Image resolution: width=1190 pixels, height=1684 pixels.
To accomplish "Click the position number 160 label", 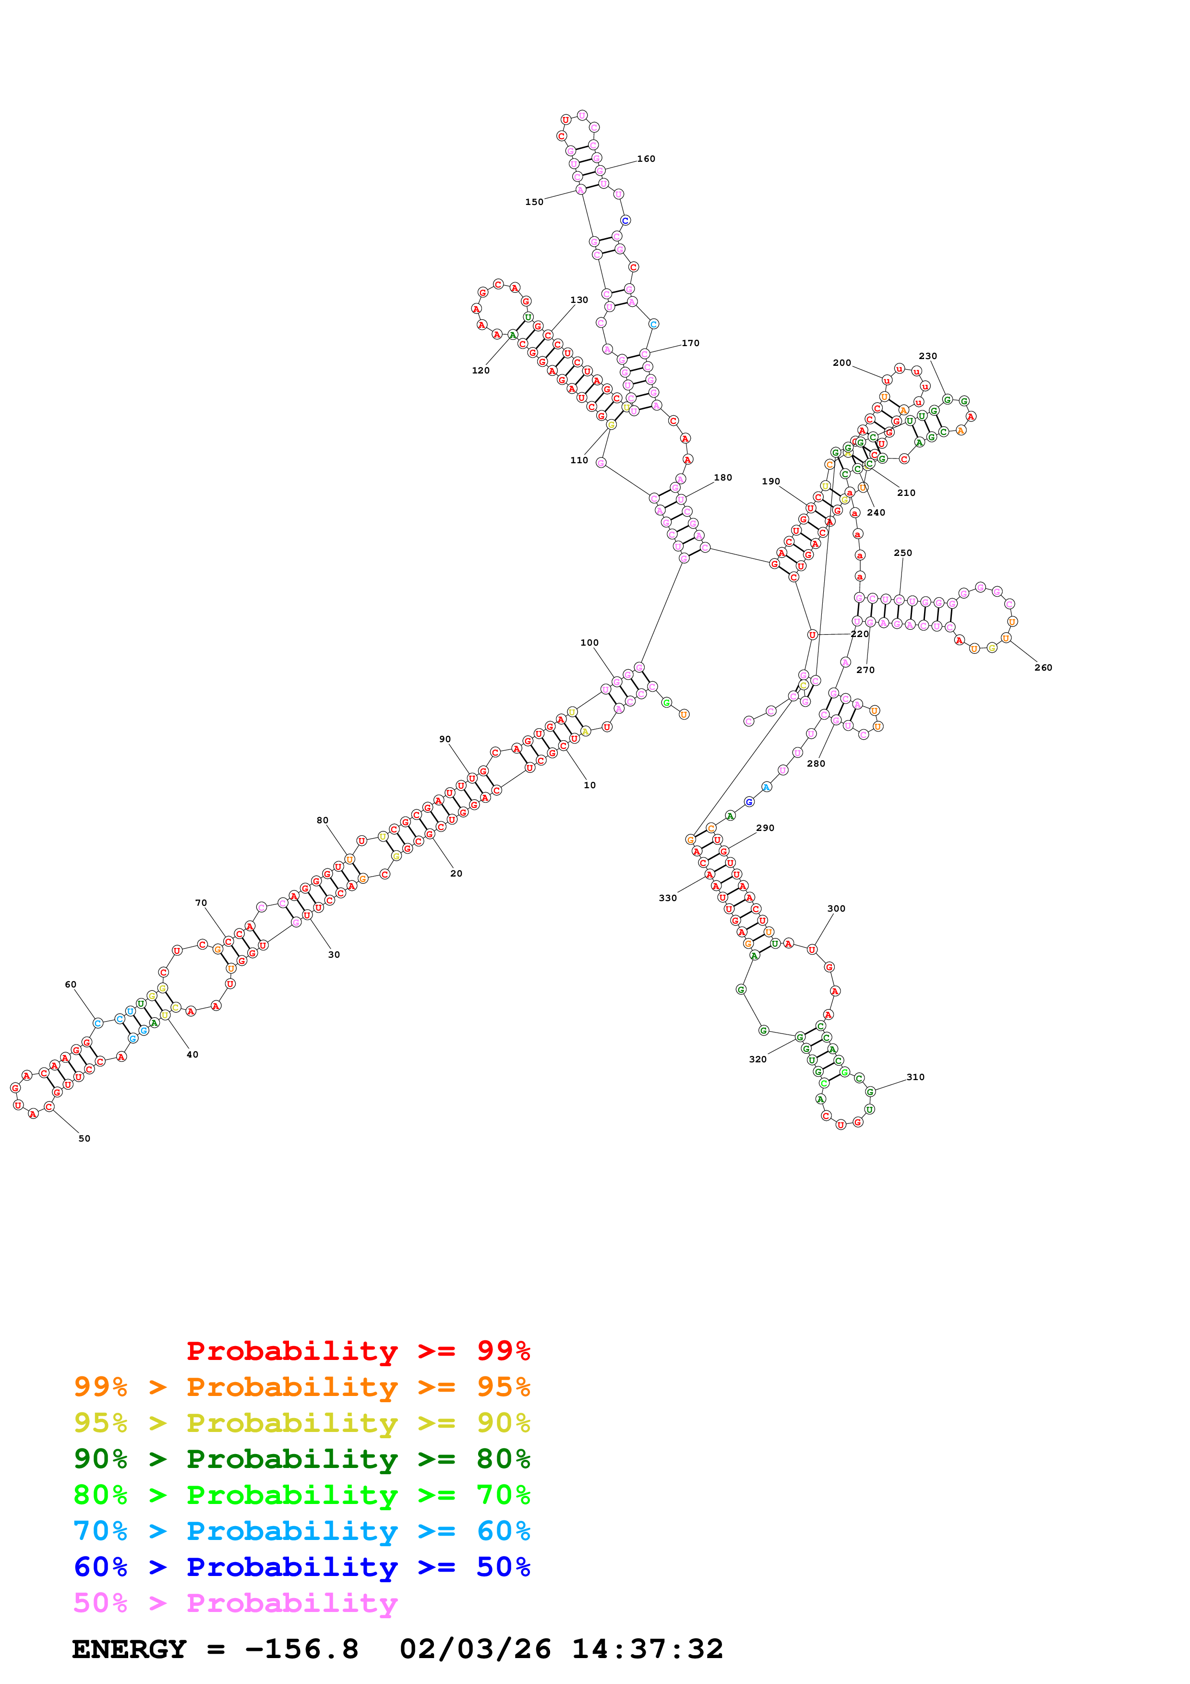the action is pos(646,159).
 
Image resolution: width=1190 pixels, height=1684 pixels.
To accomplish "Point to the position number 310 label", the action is pos(915,1077).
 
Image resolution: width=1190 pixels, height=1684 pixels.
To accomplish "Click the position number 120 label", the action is pos(480,371).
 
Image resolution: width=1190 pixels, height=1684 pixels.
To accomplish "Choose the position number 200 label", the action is pos(841,363).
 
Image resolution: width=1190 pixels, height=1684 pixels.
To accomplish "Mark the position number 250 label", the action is pos(902,553).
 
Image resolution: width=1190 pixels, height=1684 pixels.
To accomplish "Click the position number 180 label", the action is pos(723,478).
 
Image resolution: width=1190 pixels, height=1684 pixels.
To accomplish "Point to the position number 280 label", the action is pos(816,764).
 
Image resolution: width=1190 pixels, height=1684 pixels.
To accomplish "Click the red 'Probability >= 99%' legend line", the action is pos(358,1351).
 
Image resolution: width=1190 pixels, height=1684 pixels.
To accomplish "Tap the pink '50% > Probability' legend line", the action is pos(235,1603).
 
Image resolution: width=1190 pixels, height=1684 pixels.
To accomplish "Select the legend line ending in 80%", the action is pos(301,1459).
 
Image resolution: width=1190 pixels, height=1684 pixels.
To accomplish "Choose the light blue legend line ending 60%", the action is pos(301,1531).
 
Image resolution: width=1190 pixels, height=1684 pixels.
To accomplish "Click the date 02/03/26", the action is pos(475,1649).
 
